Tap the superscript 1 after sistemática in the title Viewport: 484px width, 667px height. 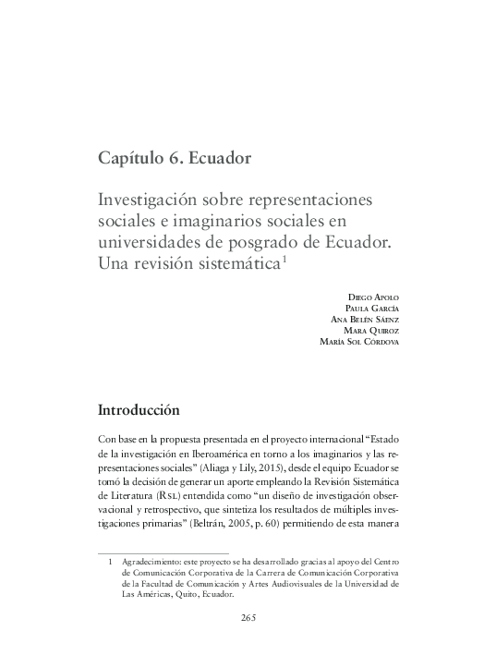(285, 259)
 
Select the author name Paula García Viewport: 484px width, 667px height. (371, 308)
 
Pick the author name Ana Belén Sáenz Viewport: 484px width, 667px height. (364, 320)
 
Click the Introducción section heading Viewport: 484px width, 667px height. (139, 409)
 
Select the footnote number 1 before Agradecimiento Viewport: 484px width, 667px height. (111, 561)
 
